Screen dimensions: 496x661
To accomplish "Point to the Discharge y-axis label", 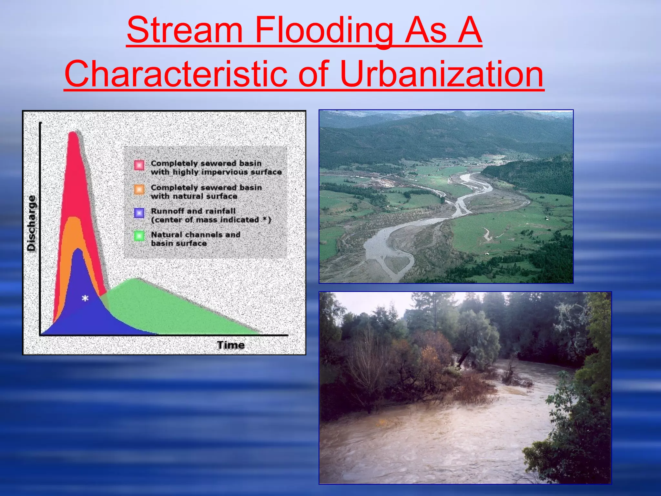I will coord(31,223).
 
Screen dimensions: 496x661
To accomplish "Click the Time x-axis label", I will coord(230,345).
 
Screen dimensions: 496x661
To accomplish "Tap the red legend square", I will coord(139,165).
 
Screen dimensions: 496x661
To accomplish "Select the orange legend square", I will coord(139,189).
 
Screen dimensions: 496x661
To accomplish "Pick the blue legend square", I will coord(139,213).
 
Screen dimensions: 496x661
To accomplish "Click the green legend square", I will coord(139,236).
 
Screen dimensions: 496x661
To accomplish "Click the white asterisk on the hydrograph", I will coord(85,299).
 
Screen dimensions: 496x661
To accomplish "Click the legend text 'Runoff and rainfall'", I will coord(193,211).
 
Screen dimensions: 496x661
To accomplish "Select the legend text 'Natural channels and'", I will coord(195,234).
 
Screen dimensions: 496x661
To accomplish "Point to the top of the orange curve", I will coord(74,218).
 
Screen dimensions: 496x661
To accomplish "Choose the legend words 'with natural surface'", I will coord(194,196).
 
